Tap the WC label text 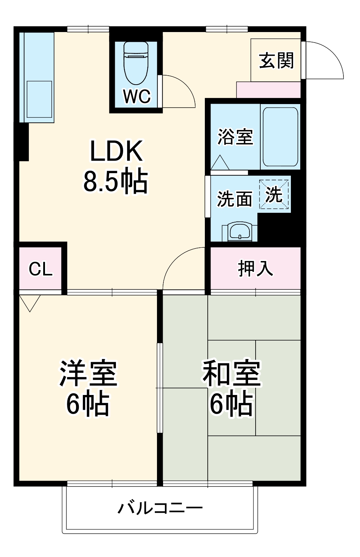(136, 96)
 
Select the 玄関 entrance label (276, 60)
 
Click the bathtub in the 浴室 (280, 136)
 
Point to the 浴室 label (235, 136)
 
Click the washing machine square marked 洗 (274, 195)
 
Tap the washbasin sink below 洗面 (240, 231)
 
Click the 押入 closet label (255, 268)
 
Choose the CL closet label (40, 269)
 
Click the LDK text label (116, 151)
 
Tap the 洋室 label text (88, 373)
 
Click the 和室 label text (231, 373)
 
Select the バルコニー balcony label (160, 508)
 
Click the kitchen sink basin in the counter (39, 99)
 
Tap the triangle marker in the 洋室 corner (30, 302)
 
